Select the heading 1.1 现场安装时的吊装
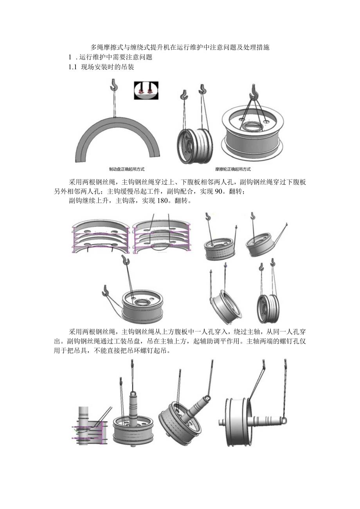(101, 67)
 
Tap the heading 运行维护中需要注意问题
(115, 57)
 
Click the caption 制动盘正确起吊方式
(127, 169)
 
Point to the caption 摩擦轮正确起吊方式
(233, 169)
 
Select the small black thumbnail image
(146, 90)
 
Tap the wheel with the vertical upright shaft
(133, 423)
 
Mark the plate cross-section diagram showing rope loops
(161, 237)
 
